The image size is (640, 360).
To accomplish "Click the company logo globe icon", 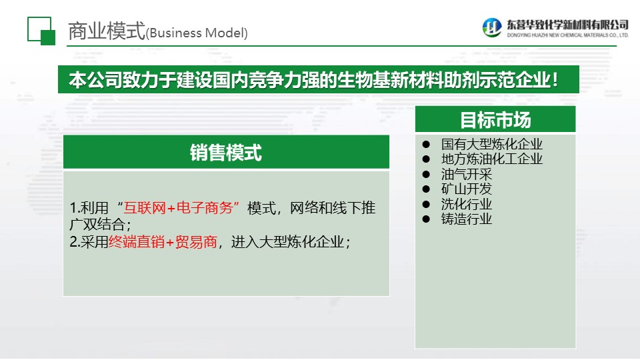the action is [x=492, y=27].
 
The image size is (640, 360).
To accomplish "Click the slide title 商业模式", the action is [x=107, y=31].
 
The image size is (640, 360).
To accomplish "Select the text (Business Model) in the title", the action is [x=197, y=33].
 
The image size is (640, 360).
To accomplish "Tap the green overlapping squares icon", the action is [x=41, y=31].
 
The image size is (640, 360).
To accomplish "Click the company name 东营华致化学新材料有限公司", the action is [x=568, y=25].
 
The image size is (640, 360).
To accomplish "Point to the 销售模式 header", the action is [x=226, y=153].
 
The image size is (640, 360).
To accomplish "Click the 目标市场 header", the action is [x=495, y=120].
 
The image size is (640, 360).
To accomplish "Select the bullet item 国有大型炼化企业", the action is [x=492, y=144].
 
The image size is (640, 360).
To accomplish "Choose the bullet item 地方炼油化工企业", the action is [x=492, y=159].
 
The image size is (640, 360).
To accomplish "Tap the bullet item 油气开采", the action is [x=467, y=174].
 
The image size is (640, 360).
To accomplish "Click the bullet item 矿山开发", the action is [x=467, y=189].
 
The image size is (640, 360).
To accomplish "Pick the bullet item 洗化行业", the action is [x=467, y=204].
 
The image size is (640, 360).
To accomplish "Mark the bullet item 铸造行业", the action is [x=467, y=219].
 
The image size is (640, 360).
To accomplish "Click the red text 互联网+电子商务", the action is [x=178, y=208].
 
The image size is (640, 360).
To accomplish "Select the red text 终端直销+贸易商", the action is [x=163, y=242].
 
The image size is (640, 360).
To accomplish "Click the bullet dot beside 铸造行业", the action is [x=426, y=219].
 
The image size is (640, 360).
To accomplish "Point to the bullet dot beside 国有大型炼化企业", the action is [x=426, y=144].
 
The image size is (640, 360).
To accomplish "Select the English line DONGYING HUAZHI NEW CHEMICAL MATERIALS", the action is [x=568, y=35].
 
